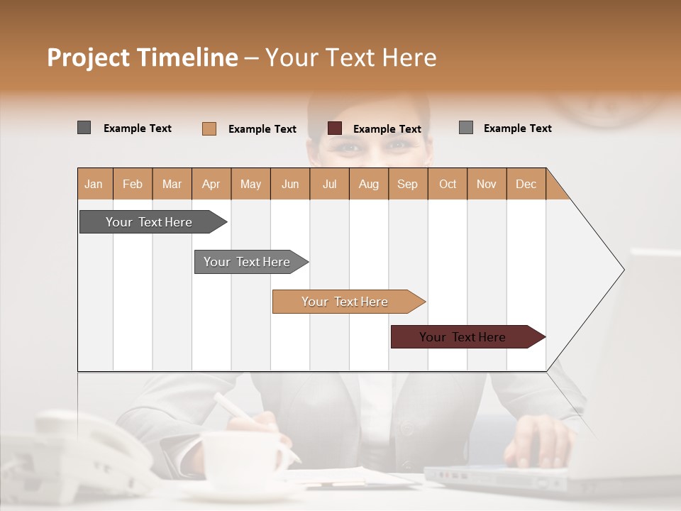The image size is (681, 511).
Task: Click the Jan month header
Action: click(94, 185)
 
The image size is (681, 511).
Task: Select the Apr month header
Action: click(211, 185)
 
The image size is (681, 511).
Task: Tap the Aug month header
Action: click(369, 185)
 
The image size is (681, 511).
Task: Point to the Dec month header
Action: click(526, 185)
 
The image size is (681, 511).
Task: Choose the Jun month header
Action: click(290, 185)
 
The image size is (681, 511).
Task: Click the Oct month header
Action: click(448, 185)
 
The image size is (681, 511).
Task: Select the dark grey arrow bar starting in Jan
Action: click(150, 222)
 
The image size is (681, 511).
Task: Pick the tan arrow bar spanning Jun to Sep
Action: click(345, 302)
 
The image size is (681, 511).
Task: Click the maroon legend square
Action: click(335, 128)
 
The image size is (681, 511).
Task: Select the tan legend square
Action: click(209, 128)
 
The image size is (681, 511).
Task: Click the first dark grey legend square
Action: click(84, 128)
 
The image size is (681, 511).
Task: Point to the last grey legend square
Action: click(466, 128)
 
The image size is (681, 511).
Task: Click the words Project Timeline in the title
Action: click(142, 57)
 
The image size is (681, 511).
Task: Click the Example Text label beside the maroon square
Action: click(387, 129)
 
